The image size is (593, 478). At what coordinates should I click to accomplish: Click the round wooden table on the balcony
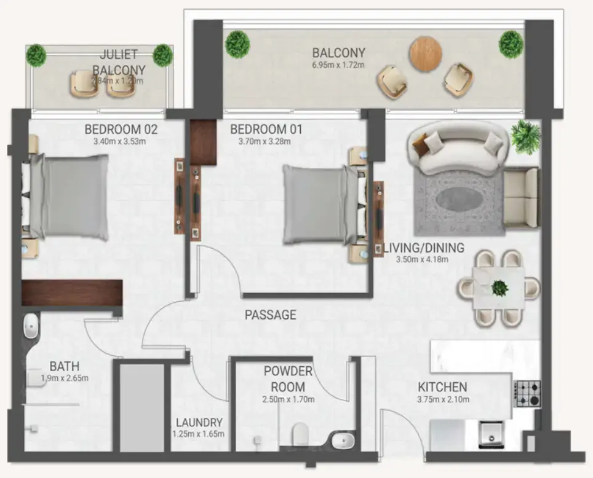click(x=426, y=53)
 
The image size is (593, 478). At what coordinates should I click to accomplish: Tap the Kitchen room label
click(x=442, y=388)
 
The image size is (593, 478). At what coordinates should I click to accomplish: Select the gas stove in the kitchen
click(x=527, y=393)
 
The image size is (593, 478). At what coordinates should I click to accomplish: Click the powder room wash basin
click(x=343, y=440)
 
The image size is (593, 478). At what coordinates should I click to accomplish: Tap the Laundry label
click(x=199, y=423)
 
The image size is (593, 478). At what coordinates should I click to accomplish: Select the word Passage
click(x=271, y=315)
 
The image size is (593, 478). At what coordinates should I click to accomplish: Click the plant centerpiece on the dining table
click(x=499, y=287)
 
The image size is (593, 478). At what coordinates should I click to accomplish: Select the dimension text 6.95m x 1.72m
click(x=338, y=65)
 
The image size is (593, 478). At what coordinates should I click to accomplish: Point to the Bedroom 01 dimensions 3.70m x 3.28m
click(x=265, y=142)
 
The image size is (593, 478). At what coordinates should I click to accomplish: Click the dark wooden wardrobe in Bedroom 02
click(x=72, y=292)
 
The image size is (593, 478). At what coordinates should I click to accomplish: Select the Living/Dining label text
click(x=424, y=248)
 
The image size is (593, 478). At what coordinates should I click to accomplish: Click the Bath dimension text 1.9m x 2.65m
click(x=65, y=378)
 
